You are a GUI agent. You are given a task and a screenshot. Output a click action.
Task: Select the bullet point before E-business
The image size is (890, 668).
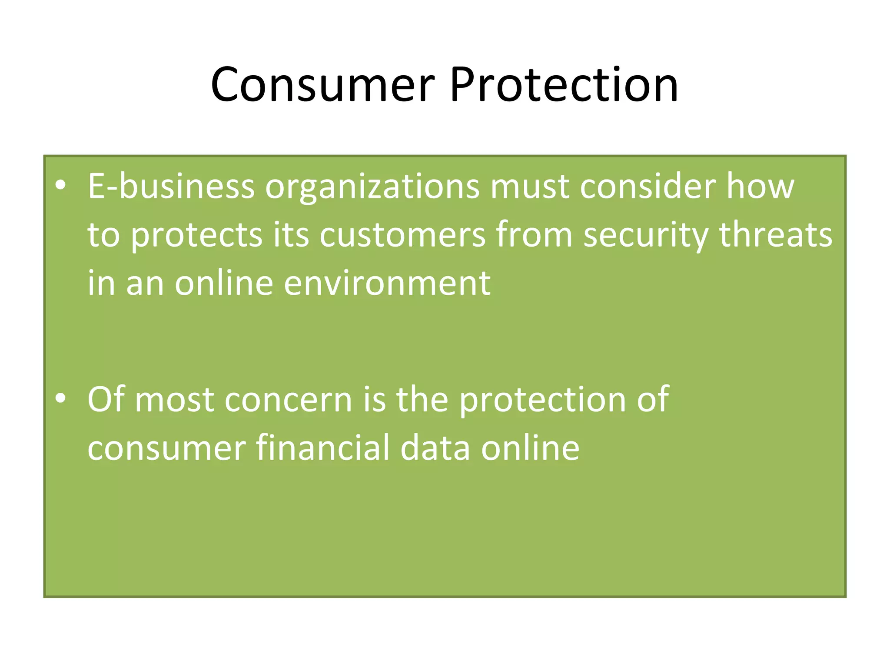coord(61,186)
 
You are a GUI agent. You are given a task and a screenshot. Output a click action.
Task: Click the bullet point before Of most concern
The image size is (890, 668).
coord(61,398)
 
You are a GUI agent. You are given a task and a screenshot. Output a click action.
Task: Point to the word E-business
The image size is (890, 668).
coord(171,187)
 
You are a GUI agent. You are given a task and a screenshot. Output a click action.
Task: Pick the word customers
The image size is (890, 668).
coord(402,235)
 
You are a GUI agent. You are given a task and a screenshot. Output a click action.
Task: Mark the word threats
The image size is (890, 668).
coord(776,234)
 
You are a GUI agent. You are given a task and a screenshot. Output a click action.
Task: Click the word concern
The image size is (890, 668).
coord(288,400)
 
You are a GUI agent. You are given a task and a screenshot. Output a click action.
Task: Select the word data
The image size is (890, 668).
coord(435,448)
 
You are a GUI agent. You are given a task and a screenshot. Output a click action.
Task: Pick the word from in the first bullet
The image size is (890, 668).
coord(534,235)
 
